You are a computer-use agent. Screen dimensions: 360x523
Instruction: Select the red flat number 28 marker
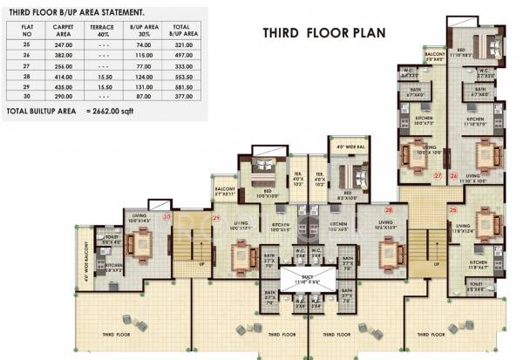[390, 210]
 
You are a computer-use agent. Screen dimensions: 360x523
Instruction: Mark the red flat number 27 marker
[438, 175]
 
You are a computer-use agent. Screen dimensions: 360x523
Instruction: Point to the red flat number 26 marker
[453, 175]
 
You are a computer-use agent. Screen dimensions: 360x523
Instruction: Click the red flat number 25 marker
[452, 210]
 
